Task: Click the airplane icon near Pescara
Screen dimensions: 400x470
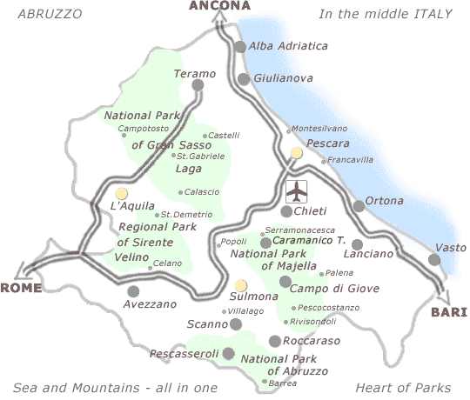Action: pyautogui.click(x=297, y=190)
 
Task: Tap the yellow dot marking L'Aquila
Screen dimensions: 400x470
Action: pyautogui.click(x=121, y=193)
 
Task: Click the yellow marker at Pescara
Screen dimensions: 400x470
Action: pyautogui.click(x=297, y=153)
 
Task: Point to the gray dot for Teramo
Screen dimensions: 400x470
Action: pyautogui.click(x=198, y=86)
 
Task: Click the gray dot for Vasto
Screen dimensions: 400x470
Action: pyautogui.click(x=434, y=260)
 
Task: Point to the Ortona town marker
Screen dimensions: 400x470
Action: pyautogui.click(x=359, y=206)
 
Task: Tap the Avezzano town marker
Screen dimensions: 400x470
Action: pyautogui.click(x=133, y=291)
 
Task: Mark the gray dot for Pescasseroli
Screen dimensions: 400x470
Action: pyautogui.click(x=229, y=353)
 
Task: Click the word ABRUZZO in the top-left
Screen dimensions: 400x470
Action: pyautogui.click(x=50, y=14)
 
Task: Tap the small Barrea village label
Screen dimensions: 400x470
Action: pyautogui.click(x=283, y=383)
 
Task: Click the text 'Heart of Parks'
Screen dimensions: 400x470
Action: pyautogui.click(x=403, y=387)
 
